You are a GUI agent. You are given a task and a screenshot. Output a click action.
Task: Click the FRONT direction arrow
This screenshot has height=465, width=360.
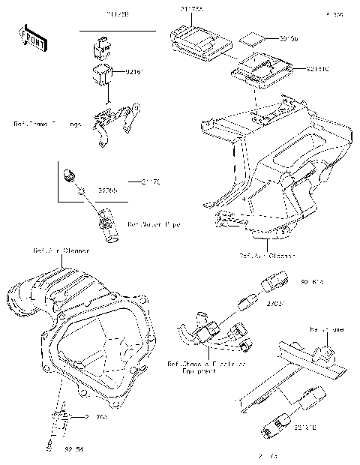click(x=28, y=37)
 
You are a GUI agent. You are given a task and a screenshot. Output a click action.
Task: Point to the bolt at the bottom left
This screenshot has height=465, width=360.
click(x=50, y=448)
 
